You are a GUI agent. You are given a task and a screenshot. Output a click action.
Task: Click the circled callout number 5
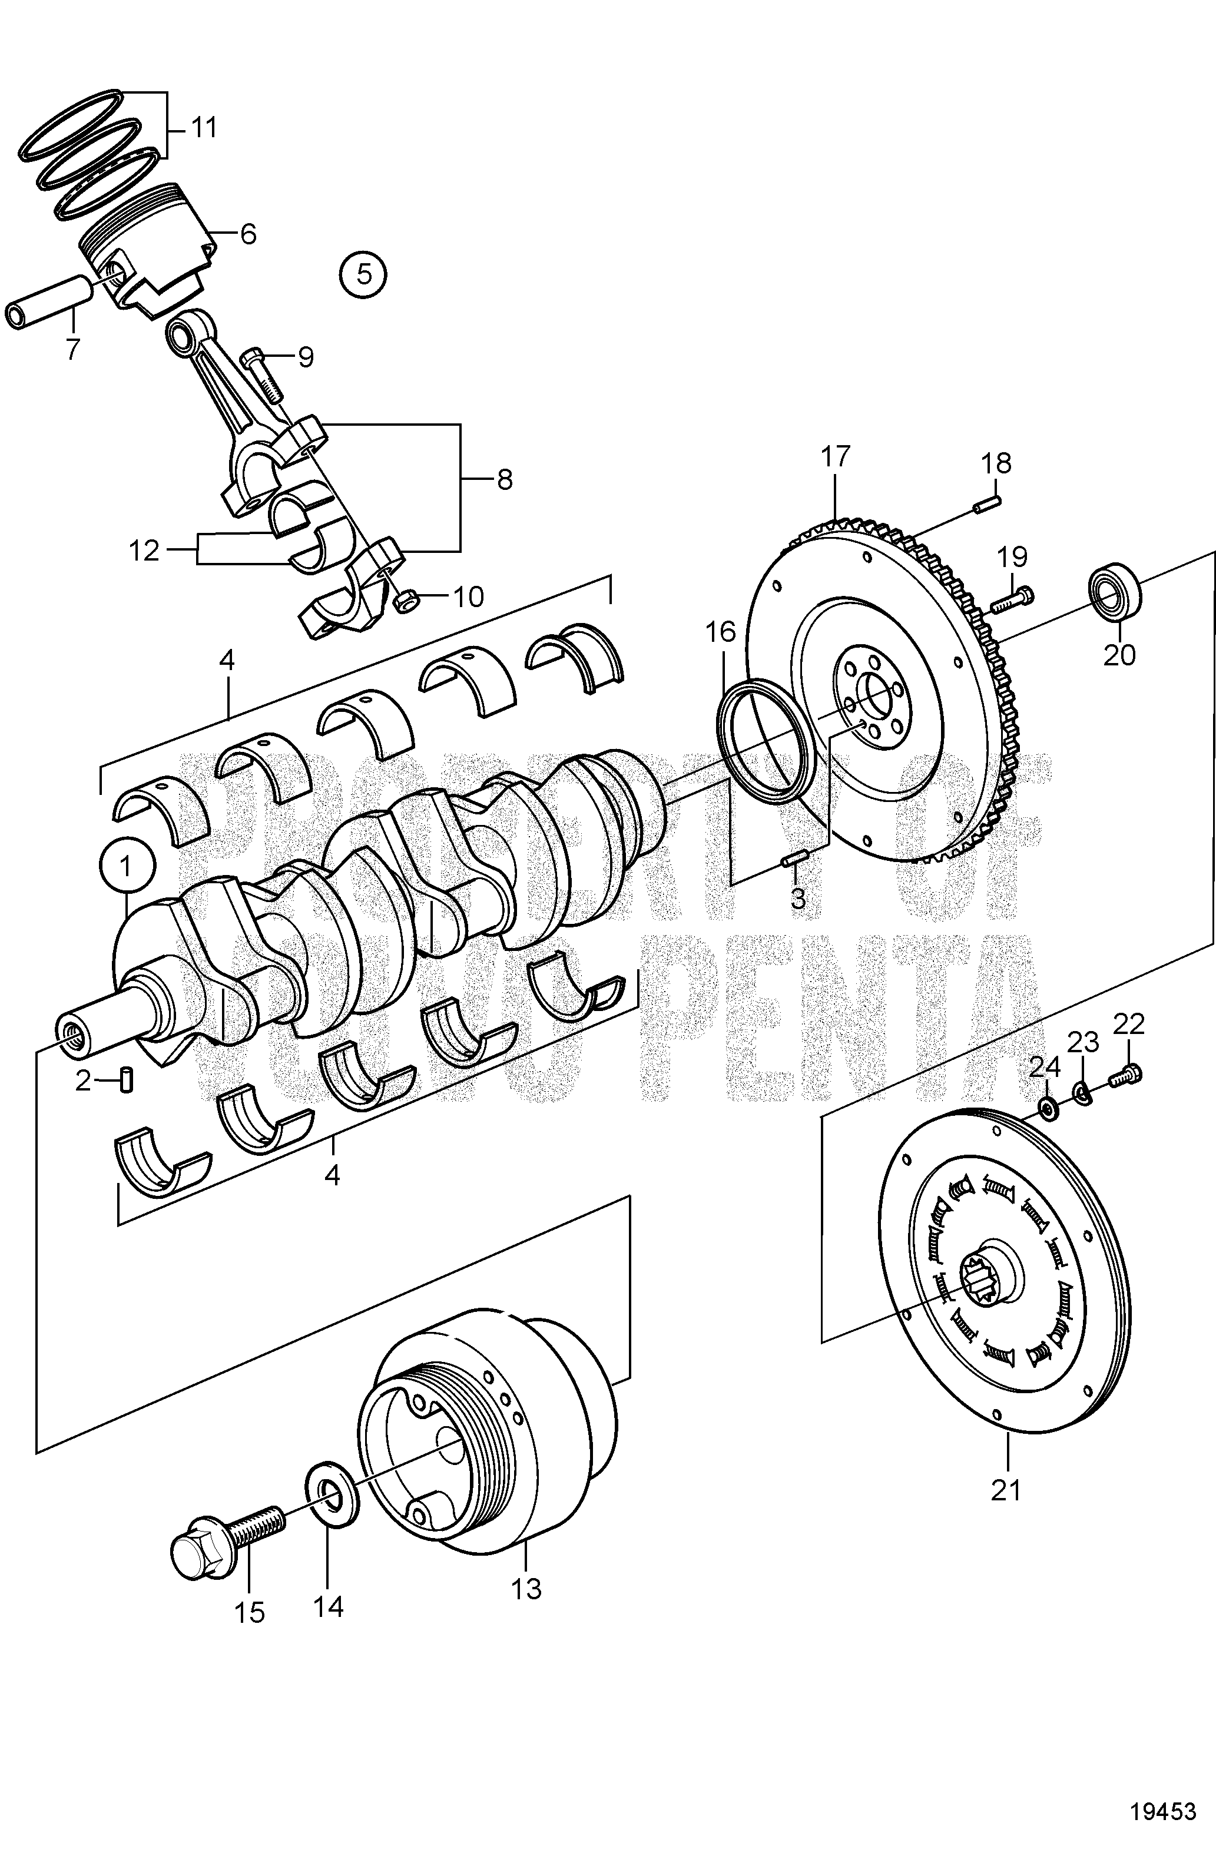tap(363, 274)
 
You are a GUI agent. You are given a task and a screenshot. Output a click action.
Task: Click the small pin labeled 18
tap(987, 505)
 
